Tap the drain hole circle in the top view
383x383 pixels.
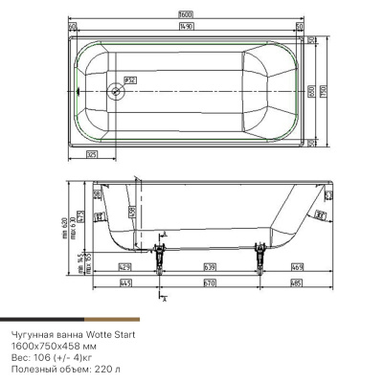(x=116, y=92)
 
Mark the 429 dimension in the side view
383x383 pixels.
(x=124, y=264)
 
